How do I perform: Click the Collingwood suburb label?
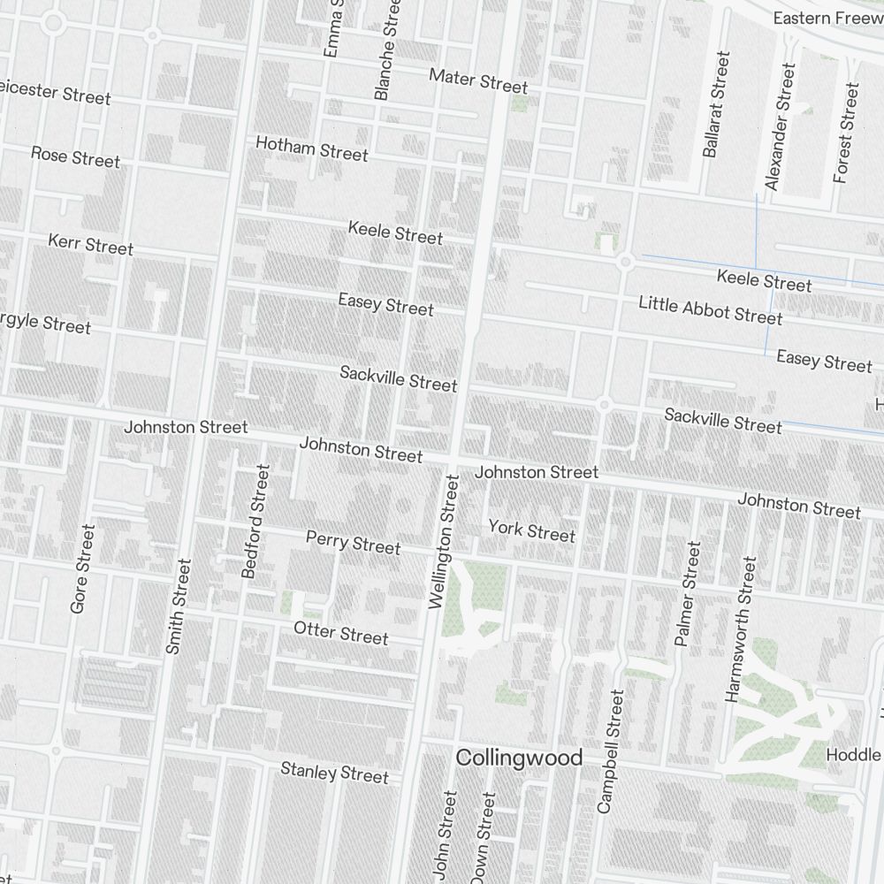(x=519, y=758)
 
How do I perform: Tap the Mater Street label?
(x=478, y=80)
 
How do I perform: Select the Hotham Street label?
(x=311, y=148)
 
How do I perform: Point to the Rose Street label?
(x=75, y=156)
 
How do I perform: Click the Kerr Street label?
(x=90, y=244)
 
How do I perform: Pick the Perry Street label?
(x=353, y=542)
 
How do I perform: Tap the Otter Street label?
(x=340, y=632)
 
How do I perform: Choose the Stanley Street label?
(x=334, y=772)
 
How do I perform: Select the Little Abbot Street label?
(x=711, y=309)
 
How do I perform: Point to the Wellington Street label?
(x=444, y=542)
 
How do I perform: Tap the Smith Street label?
(x=179, y=606)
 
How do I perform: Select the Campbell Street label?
(x=611, y=751)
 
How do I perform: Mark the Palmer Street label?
(x=687, y=594)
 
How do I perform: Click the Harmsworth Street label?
(x=742, y=629)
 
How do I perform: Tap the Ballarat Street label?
(x=717, y=104)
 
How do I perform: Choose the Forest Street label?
(x=846, y=133)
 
